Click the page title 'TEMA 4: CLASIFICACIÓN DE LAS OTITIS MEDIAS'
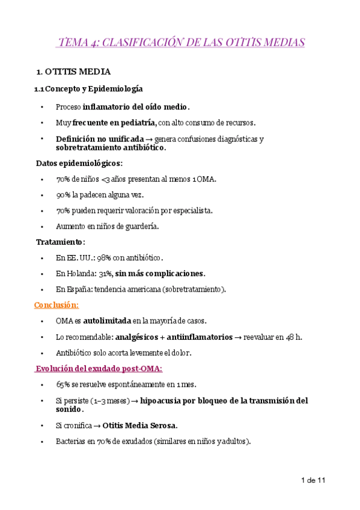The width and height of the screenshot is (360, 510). pyautogui.click(x=182, y=42)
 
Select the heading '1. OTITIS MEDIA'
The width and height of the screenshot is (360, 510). pyautogui.click(x=73, y=72)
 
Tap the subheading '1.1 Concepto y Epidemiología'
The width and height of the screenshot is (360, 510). pyautogui.click(x=88, y=89)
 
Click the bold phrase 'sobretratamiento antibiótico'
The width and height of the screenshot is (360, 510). pyautogui.click(x=110, y=147)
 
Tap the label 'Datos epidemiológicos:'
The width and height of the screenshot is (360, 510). pyautogui.click(x=79, y=163)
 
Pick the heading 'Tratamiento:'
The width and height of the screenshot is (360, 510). pyautogui.click(x=61, y=242)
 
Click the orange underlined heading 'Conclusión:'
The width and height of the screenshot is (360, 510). pyautogui.click(x=56, y=305)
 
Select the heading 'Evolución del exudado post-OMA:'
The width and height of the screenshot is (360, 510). pyautogui.click(x=99, y=368)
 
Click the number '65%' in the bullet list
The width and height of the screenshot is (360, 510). pyautogui.click(x=63, y=384)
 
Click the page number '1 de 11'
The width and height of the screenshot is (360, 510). pyautogui.click(x=313, y=481)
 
